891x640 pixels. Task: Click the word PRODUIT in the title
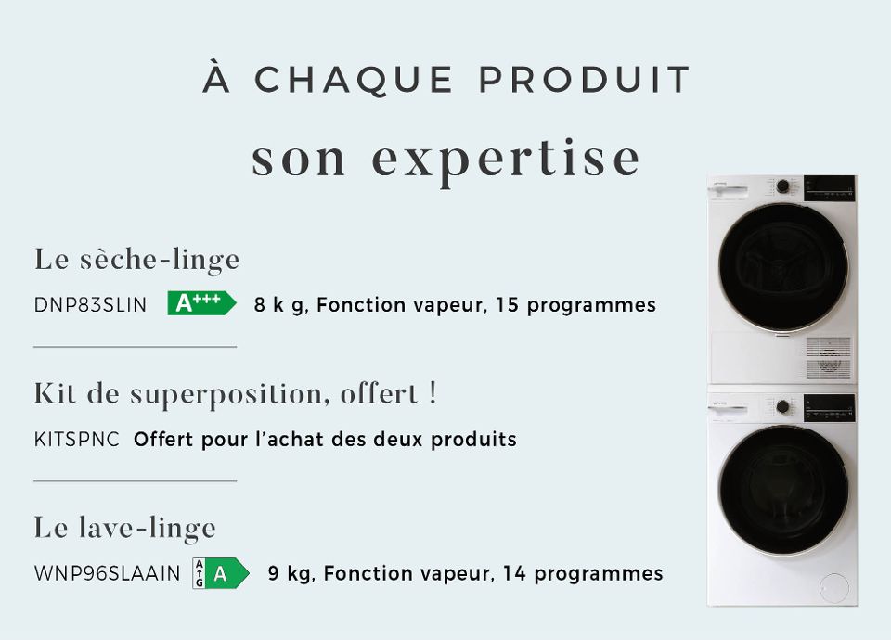click(585, 81)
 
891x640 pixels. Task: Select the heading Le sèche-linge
click(137, 259)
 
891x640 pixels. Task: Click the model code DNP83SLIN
click(90, 305)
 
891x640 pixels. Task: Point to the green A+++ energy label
click(200, 303)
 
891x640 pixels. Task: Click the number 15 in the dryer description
click(507, 305)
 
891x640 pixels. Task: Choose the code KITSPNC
click(77, 440)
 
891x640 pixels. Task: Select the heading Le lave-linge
click(125, 528)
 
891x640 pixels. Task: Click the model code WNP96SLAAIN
click(107, 574)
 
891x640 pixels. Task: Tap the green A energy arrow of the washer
click(226, 573)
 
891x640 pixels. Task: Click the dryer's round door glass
click(782, 266)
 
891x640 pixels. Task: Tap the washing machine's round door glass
click(783, 490)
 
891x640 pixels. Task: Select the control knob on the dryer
click(782, 186)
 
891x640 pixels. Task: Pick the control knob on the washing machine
click(782, 406)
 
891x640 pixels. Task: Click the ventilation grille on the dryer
click(828, 356)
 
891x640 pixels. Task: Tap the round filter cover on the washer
click(834, 587)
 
